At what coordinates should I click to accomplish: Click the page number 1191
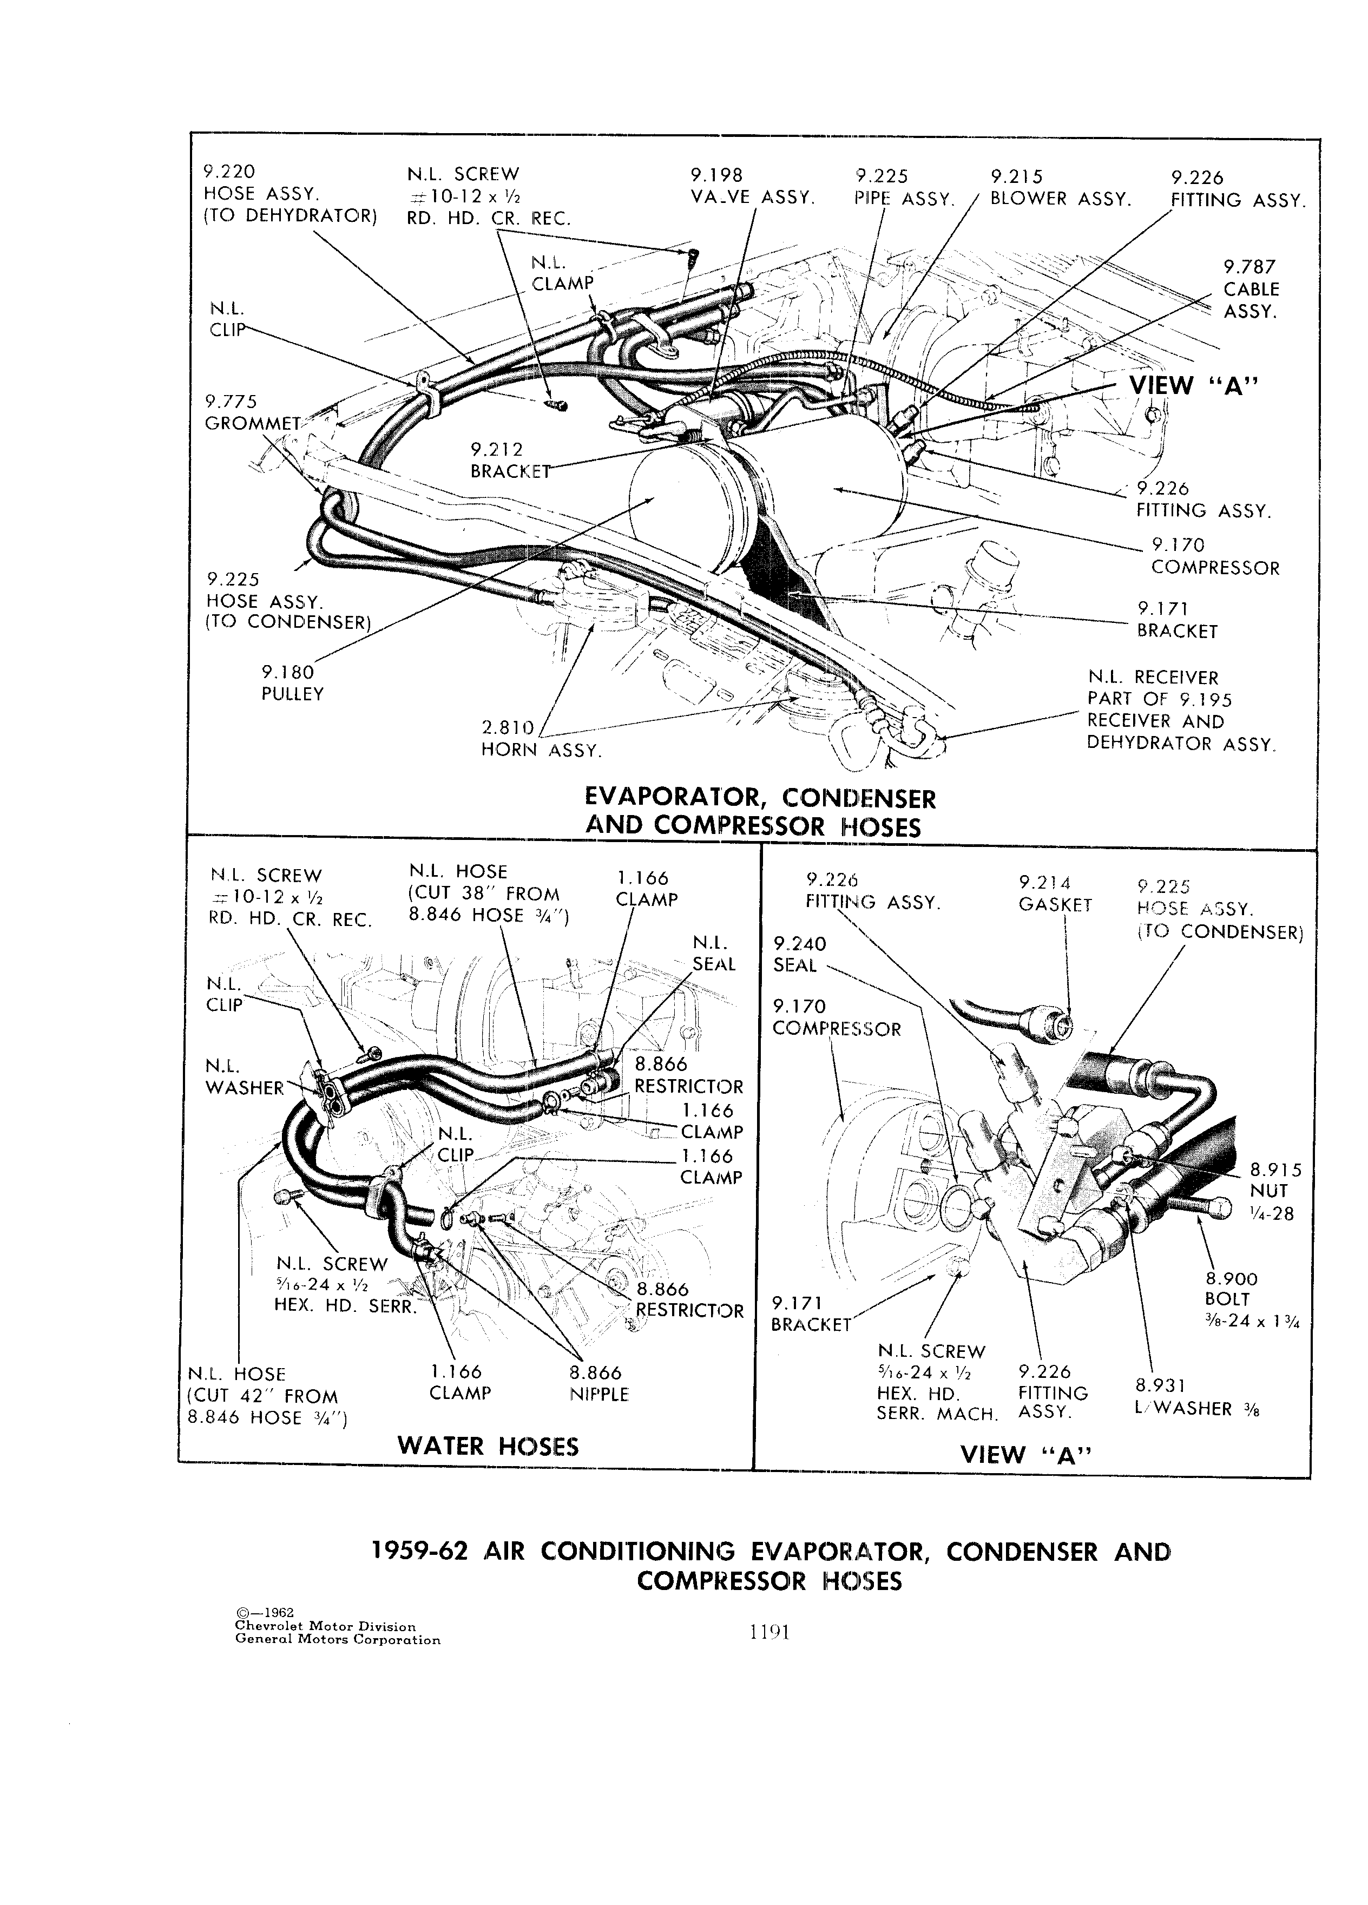(x=770, y=1632)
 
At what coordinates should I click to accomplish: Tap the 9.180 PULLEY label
(x=292, y=683)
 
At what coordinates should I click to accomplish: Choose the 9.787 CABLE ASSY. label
(x=1251, y=289)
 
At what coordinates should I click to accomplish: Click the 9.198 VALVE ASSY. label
(x=752, y=187)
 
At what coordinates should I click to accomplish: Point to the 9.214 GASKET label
(x=1055, y=893)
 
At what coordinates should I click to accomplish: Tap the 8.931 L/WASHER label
(x=1196, y=1396)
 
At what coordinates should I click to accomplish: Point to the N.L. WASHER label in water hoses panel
(x=245, y=1077)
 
